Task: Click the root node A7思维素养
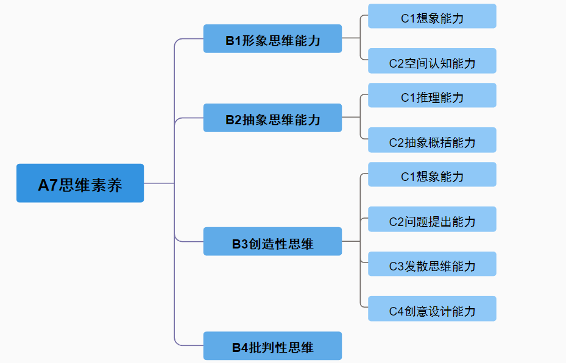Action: coord(80,183)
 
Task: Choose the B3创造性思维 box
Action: coord(272,242)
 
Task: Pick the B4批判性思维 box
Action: coord(272,346)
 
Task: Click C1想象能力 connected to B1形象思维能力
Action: coord(432,16)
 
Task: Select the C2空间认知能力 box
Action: coord(432,61)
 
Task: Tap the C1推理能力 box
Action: coord(432,96)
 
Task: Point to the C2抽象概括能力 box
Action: coord(432,140)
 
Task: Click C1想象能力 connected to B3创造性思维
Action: coord(432,175)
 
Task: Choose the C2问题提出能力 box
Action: coord(432,219)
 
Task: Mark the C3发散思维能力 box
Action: coord(432,264)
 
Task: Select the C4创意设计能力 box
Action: coord(432,309)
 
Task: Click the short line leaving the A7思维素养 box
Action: coord(158,183)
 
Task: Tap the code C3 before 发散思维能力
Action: coord(397,266)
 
